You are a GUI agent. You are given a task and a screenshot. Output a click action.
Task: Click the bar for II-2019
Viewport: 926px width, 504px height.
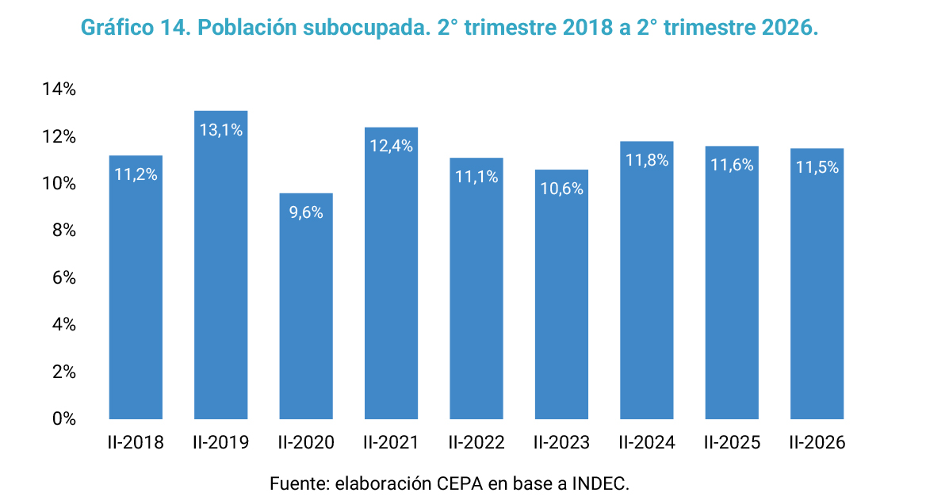pos(221,265)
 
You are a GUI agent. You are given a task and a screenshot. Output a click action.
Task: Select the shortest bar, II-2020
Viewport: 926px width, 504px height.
pos(306,307)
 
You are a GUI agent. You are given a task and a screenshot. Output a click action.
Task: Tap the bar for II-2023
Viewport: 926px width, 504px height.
pos(561,295)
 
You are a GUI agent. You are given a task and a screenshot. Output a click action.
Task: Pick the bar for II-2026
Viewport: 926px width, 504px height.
pos(817,284)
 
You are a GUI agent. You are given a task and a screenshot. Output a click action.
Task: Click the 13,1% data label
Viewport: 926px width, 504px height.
pos(221,131)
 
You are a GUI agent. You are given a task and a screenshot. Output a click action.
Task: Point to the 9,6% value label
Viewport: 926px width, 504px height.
pos(306,212)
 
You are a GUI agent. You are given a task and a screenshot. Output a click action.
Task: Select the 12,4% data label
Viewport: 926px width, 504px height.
pos(391,146)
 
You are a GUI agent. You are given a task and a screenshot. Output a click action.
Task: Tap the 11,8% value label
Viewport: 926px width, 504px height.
pos(647,161)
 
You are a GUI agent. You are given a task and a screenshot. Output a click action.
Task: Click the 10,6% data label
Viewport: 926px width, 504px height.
pos(561,189)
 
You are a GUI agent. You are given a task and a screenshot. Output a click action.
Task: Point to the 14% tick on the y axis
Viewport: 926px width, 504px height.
pos(59,89)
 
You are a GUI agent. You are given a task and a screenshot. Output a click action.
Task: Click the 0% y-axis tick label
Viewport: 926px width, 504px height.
pos(63,419)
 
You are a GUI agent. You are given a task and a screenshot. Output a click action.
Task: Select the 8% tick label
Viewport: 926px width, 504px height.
pos(63,230)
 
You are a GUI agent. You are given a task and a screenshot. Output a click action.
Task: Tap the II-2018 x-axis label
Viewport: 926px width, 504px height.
pos(136,443)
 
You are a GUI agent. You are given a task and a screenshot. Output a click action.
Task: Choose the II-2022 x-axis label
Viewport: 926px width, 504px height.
pos(476,443)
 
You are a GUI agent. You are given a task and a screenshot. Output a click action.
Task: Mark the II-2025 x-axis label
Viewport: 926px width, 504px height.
pos(732,443)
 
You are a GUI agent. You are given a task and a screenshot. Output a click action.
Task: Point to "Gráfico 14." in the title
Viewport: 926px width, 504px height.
pos(136,28)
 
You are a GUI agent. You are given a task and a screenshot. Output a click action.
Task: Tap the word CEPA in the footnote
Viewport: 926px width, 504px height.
pos(460,484)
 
